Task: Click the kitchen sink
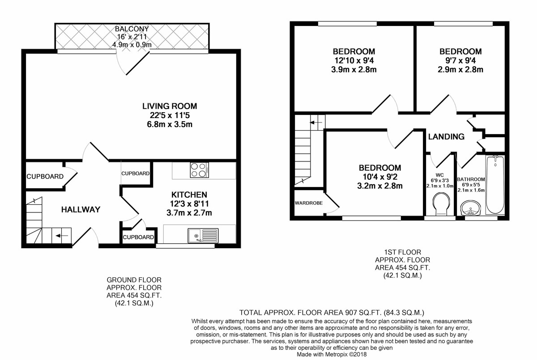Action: (203, 235)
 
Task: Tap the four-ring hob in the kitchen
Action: (200, 170)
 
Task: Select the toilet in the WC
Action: (441, 203)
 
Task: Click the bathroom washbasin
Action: (470, 208)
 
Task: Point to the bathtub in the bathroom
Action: (495, 184)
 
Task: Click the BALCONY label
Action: (132, 29)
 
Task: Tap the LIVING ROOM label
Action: (170, 106)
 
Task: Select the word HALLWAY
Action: (81, 210)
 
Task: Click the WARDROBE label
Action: (309, 203)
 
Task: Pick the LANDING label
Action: (447, 137)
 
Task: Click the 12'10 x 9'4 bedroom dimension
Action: (354, 60)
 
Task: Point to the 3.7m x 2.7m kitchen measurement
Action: (189, 213)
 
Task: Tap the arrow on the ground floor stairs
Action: (62, 236)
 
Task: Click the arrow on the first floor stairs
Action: (316, 123)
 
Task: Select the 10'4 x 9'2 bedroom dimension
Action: (380, 177)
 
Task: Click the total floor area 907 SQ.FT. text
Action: (332, 313)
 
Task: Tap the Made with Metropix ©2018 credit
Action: (332, 354)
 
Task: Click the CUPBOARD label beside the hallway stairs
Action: (45, 177)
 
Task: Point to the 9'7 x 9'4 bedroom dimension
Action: (460, 60)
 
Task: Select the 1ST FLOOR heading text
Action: (402, 252)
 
